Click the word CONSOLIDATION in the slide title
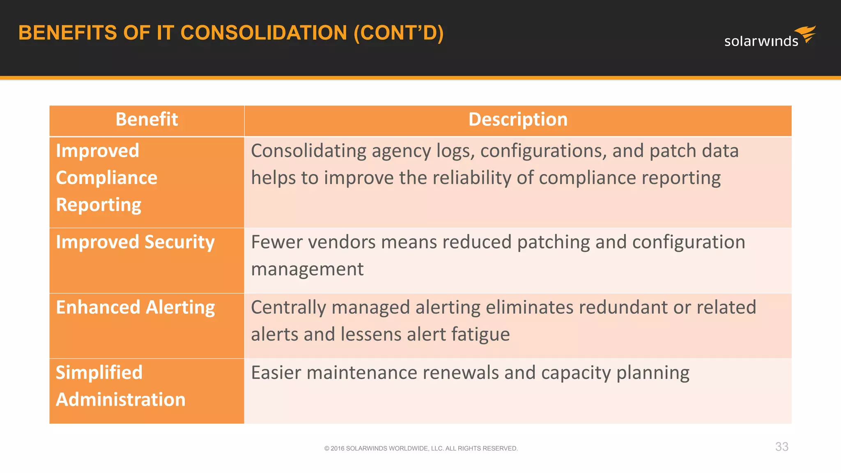(264, 33)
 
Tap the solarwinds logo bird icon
(806, 34)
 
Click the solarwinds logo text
(761, 41)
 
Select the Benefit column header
(147, 119)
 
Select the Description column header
(518, 119)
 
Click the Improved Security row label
(135, 242)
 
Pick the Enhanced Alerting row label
(135, 307)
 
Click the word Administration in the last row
(121, 400)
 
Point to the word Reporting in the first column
(99, 205)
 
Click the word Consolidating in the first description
(308, 151)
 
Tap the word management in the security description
(307, 269)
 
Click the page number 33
(781, 447)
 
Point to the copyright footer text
(421, 448)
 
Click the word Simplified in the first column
(99, 373)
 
